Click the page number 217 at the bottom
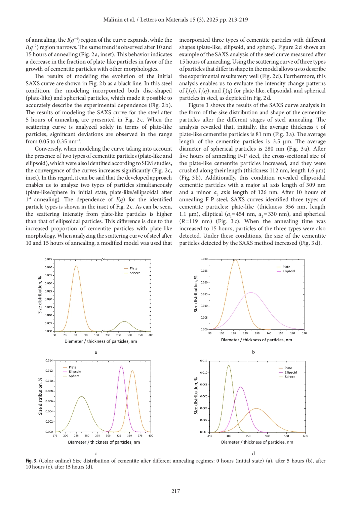pyautogui.click(x=175, y=491)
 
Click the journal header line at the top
pyautogui.click(x=175, y=20)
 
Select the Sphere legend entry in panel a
pyautogui.click(x=135, y=273)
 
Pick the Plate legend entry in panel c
pyautogui.click(x=73, y=367)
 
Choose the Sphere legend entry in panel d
pyautogui.click(x=290, y=377)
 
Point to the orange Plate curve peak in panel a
pyautogui.click(x=76, y=266)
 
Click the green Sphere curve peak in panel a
pyautogui.click(x=124, y=322)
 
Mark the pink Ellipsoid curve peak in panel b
pyautogui.click(x=251, y=292)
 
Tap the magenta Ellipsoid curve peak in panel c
pyautogui.click(x=121, y=366)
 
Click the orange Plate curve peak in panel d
pyautogui.click(x=256, y=409)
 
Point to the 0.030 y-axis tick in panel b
pyautogui.click(x=204, y=259)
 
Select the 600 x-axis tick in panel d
pyautogui.click(x=305, y=436)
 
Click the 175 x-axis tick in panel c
pyautogui.click(x=55, y=436)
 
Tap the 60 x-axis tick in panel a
pyautogui.click(x=54, y=335)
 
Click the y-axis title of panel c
pyautogui.click(x=40, y=396)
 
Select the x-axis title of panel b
pyautogui.click(x=256, y=340)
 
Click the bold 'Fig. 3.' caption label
pyautogui.click(x=31, y=461)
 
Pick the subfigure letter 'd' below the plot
pyautogui.click(x=253, y=454)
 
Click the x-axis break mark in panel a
pyautogui.click(x=102, y=331)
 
